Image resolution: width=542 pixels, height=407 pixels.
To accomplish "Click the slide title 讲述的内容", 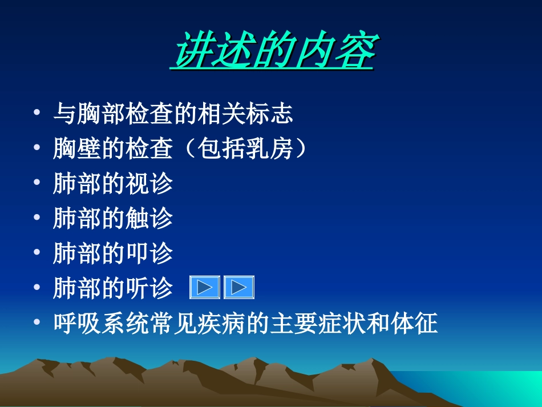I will point(273,51).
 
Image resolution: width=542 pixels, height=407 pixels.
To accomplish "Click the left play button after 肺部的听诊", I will point(204,288).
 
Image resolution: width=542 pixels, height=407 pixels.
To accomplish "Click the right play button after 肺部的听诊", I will point(238,288).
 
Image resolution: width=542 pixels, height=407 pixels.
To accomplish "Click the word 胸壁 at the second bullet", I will point(77,149).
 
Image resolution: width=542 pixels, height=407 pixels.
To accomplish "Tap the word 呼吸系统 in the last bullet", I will point(101,324).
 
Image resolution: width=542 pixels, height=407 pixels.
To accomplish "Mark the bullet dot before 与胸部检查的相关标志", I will point(37,114).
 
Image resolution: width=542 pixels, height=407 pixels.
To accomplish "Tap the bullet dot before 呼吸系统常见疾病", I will point(37,324).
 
